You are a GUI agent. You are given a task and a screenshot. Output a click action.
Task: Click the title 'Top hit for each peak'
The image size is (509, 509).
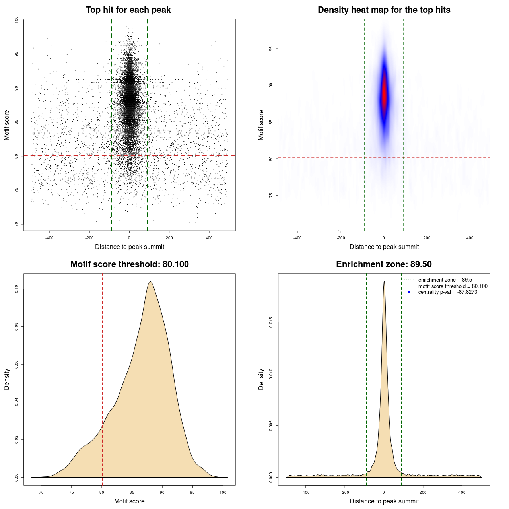(128, 10)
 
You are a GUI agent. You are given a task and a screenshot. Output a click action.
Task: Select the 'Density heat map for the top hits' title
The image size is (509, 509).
(384, 10)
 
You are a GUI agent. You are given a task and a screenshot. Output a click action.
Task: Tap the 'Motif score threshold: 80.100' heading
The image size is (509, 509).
(129, 264)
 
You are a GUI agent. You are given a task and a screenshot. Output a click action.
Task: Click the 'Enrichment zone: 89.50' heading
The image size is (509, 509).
(384, 264)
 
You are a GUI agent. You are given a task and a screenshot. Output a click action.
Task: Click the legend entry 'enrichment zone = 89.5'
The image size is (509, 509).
(445, 280)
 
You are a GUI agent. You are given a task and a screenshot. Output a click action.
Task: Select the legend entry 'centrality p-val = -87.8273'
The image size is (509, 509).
(447, 292)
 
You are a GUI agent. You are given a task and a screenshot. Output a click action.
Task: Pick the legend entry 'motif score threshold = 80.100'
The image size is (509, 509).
(453, 286)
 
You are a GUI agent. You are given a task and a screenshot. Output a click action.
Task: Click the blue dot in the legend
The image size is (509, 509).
(409, 292)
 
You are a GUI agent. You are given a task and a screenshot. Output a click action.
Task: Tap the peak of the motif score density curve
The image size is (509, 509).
(150, 282)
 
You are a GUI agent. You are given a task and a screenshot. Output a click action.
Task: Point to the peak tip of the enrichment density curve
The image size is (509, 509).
(384, 282)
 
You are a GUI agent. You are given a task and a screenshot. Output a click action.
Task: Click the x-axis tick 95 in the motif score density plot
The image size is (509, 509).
(193, 492)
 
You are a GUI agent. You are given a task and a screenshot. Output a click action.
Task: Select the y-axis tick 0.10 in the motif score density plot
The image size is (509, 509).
(16, 289)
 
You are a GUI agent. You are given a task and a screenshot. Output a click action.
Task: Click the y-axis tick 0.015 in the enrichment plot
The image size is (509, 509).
(271, 322)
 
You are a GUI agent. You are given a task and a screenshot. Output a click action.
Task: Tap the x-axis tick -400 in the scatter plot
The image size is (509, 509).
(49, 238)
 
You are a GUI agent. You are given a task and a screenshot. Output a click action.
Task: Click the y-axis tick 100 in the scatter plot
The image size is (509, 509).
(16, 20)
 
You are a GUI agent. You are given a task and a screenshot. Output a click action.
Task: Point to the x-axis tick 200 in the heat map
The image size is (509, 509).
(427, 238)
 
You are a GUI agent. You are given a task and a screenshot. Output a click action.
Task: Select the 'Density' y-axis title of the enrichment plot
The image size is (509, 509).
(261, 379)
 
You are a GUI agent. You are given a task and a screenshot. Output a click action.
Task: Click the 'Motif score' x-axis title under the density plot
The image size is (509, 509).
(129, 501)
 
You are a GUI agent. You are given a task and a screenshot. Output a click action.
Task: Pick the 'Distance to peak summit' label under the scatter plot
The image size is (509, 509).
(130, 247)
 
